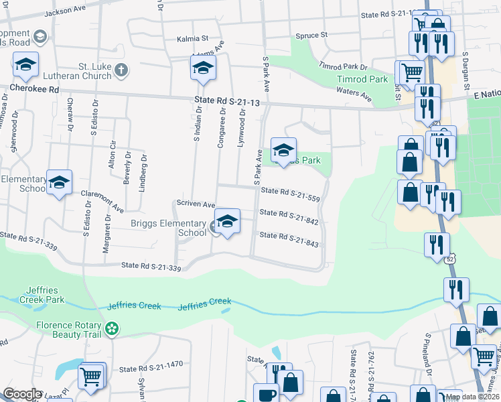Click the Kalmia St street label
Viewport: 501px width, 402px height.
tap(193, 40)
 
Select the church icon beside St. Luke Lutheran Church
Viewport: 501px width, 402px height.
tap(121, 70)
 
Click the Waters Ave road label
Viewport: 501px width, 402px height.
tap(354, 94)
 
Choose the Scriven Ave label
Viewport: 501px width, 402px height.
tap(196, 204)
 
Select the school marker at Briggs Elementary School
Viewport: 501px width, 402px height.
tap(227, 222)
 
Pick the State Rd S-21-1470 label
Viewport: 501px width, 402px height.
tap(151, 368)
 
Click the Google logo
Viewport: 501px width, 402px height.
tap(22, 393)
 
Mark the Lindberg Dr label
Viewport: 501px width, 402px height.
tap(142, 172)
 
